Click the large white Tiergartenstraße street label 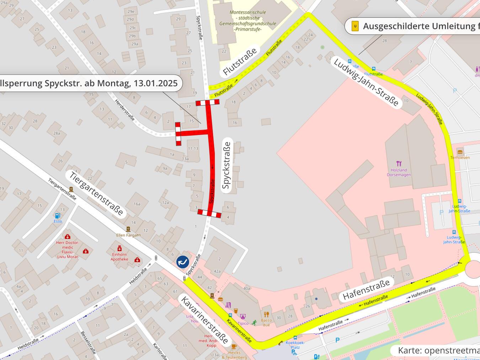pyautogui.click(x=96, y=193)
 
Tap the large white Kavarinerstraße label pyautogui.click(x=204, y=319)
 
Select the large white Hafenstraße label pyautogui.click(x=366, y=290)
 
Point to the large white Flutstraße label pyautogui.click(x=240, y=62)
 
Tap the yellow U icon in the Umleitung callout pyautogui.click(x=355, y=26)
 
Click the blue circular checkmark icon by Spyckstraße pyautogui.click(x=183, y=262)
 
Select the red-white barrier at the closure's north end pyautogui.click(x=207, y=103)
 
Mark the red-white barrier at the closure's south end pyautogui.click(x=209, y=213)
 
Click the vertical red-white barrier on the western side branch pyautogui.click(x=178, y=134)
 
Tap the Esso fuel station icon pyautogui.click(x=57, y=216)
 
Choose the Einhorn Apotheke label pyautogui.click(x=119, y=257)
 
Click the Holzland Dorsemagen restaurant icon pyautogui.click(x=399, y=163)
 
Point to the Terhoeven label pyautogui.click(x=460, y=157)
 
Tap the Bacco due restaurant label pyautogui.click(x=266, y=322)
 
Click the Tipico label pyautogui.click(x=243, y=323)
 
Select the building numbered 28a pyautogui.click(x=57, y=133)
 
